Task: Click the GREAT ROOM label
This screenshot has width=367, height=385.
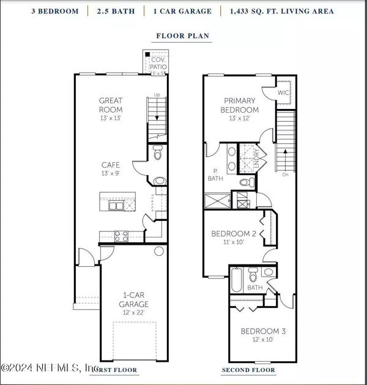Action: click(111, 104)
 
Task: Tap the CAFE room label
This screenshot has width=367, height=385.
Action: click(111, 165)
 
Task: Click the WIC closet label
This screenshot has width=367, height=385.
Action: click(283, 92)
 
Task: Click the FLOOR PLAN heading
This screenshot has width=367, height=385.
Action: click(183, 36)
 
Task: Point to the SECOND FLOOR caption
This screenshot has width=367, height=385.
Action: click(248, 370)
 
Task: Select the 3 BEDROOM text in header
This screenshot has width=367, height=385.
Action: click(51, 11)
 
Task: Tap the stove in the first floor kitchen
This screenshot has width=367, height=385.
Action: click(118, 235)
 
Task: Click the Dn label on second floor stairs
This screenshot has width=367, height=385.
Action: click(286, 174)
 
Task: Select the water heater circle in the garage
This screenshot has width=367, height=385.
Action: click(159, 251)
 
